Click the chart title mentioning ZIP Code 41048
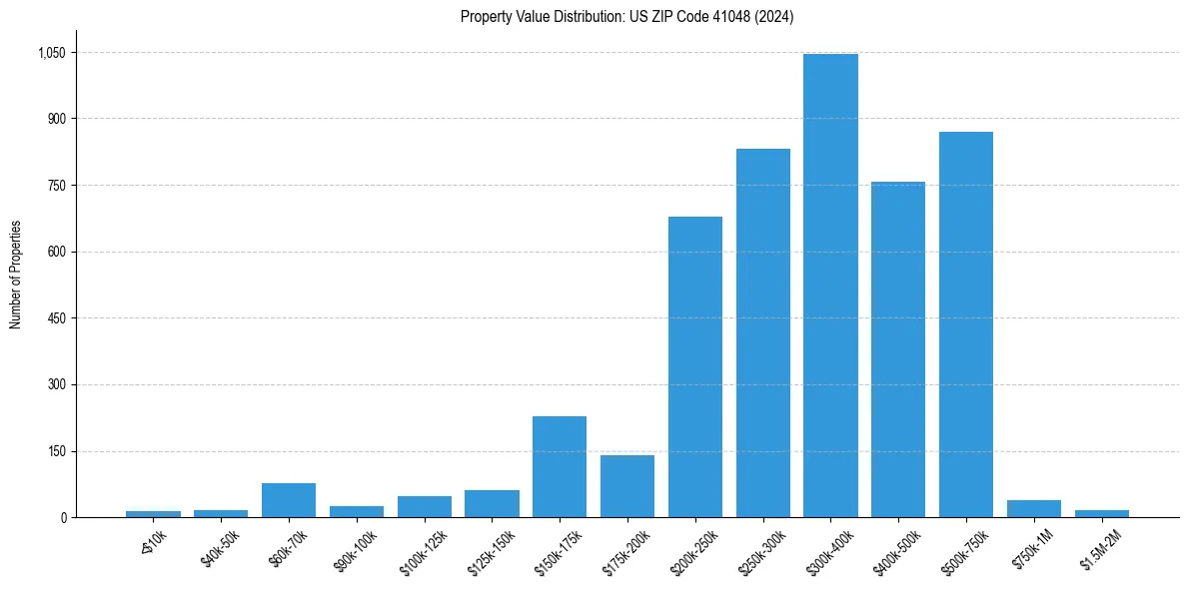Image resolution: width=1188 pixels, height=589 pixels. pyautogui.click(x=626, y=17)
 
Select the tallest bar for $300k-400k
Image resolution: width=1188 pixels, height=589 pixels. pyautogui.click(x=830, y=286)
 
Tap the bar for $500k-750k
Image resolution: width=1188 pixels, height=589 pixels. pyautogui.click(x=966, y=324)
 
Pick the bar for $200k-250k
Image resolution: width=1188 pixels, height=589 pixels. pyautogui.click(x=695, y=367)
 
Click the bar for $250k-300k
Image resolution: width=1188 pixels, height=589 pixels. pyautogui.click(x=763, y=333)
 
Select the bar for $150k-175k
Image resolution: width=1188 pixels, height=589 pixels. pyautogui.click(x=560, y=467)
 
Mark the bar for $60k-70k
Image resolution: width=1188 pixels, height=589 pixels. pyautogui.click(x=289, y=500)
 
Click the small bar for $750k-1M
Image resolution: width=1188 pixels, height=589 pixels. pyautogui.click(x=1034, y=509)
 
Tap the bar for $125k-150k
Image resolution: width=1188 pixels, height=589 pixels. pyautogui.click(x=492, y=504)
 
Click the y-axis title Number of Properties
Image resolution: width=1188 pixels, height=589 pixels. pyautogui.click(x=16, y=275)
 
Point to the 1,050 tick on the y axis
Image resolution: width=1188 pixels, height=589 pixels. pyautogui.click(x=50, y=53)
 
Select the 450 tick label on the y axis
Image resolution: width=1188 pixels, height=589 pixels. pyautogui.click(x=56, y=318)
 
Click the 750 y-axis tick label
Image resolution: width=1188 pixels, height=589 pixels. pyautogui.click(x=56, y=186)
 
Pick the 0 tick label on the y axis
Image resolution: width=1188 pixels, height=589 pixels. pyautogui.click(x=63, y=518)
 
